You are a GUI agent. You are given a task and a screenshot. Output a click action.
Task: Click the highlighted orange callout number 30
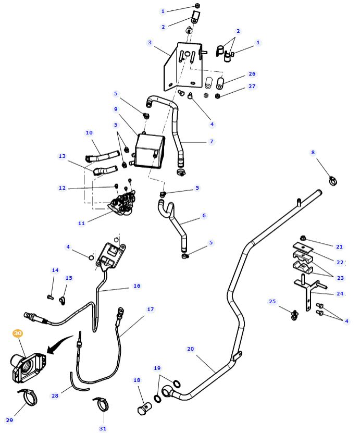[x=18, y=333]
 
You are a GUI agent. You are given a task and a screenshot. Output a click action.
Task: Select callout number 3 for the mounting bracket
[x=150, y=43]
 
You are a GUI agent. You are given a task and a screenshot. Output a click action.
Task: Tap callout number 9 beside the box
[x=116, y=109]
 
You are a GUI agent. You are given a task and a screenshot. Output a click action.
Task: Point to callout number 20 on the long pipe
[x=190, y=349]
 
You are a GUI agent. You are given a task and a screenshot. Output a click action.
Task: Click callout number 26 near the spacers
[x=252, y=74]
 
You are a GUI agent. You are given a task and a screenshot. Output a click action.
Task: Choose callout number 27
[x=252, y=86]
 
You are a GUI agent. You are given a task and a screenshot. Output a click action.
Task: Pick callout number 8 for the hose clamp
[x=313, y=153]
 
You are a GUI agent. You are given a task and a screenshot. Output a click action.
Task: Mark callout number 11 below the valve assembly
[x=81, y=223]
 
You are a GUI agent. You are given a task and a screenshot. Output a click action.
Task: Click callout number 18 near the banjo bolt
[x=137, y=380]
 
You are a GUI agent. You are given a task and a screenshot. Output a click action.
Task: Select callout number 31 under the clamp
[x=103, y=428]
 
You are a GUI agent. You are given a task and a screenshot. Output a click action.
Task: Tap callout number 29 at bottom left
[x=9, y=420]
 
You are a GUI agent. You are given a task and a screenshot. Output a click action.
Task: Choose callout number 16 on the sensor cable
[x=137, y=286]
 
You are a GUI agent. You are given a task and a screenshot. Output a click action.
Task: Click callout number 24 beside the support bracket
[x=340, y=294]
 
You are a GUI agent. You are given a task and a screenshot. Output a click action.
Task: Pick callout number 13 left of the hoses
[x=62, y=156]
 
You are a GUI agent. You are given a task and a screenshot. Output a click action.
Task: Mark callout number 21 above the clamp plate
[x=339, y=246]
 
